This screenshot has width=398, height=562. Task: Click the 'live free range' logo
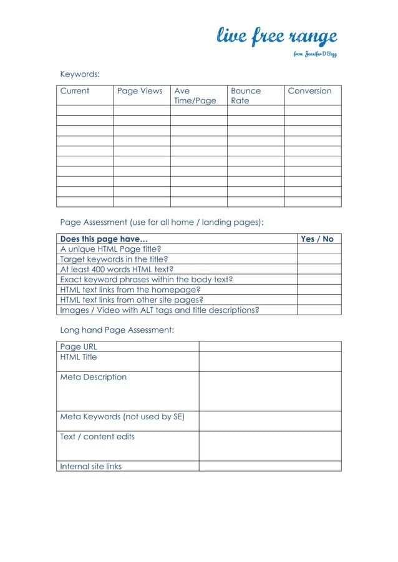point(276,37)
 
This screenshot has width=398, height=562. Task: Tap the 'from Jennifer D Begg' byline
point(315,54)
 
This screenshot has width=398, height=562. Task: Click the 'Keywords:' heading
point(80,75)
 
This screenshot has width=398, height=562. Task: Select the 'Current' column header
point(75,91)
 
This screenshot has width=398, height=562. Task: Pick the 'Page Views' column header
point(140,91)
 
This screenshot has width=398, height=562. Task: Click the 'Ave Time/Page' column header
point(195,95)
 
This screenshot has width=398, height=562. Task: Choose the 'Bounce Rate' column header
point(246,95)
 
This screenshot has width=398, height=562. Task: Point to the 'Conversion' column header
point(309,91)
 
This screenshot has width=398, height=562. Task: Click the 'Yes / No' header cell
point(318,239)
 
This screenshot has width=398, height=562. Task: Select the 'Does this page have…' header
point(104,239)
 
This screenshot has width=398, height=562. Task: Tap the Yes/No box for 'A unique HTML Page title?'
point(319,249)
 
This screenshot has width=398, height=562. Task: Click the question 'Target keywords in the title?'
point(114,259)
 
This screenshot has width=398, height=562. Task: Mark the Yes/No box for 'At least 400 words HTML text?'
point(319,269)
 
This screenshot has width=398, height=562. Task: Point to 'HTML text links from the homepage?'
point(130,290)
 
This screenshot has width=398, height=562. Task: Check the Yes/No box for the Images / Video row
point(319,310)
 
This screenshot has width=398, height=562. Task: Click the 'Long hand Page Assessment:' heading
point(117,330)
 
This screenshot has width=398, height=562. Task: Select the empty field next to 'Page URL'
point(269,346)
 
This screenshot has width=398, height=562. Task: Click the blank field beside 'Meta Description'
point(269,391)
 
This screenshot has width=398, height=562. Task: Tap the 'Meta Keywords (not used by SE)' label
point(122,417)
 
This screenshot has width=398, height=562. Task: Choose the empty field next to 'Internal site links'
point(269,466)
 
